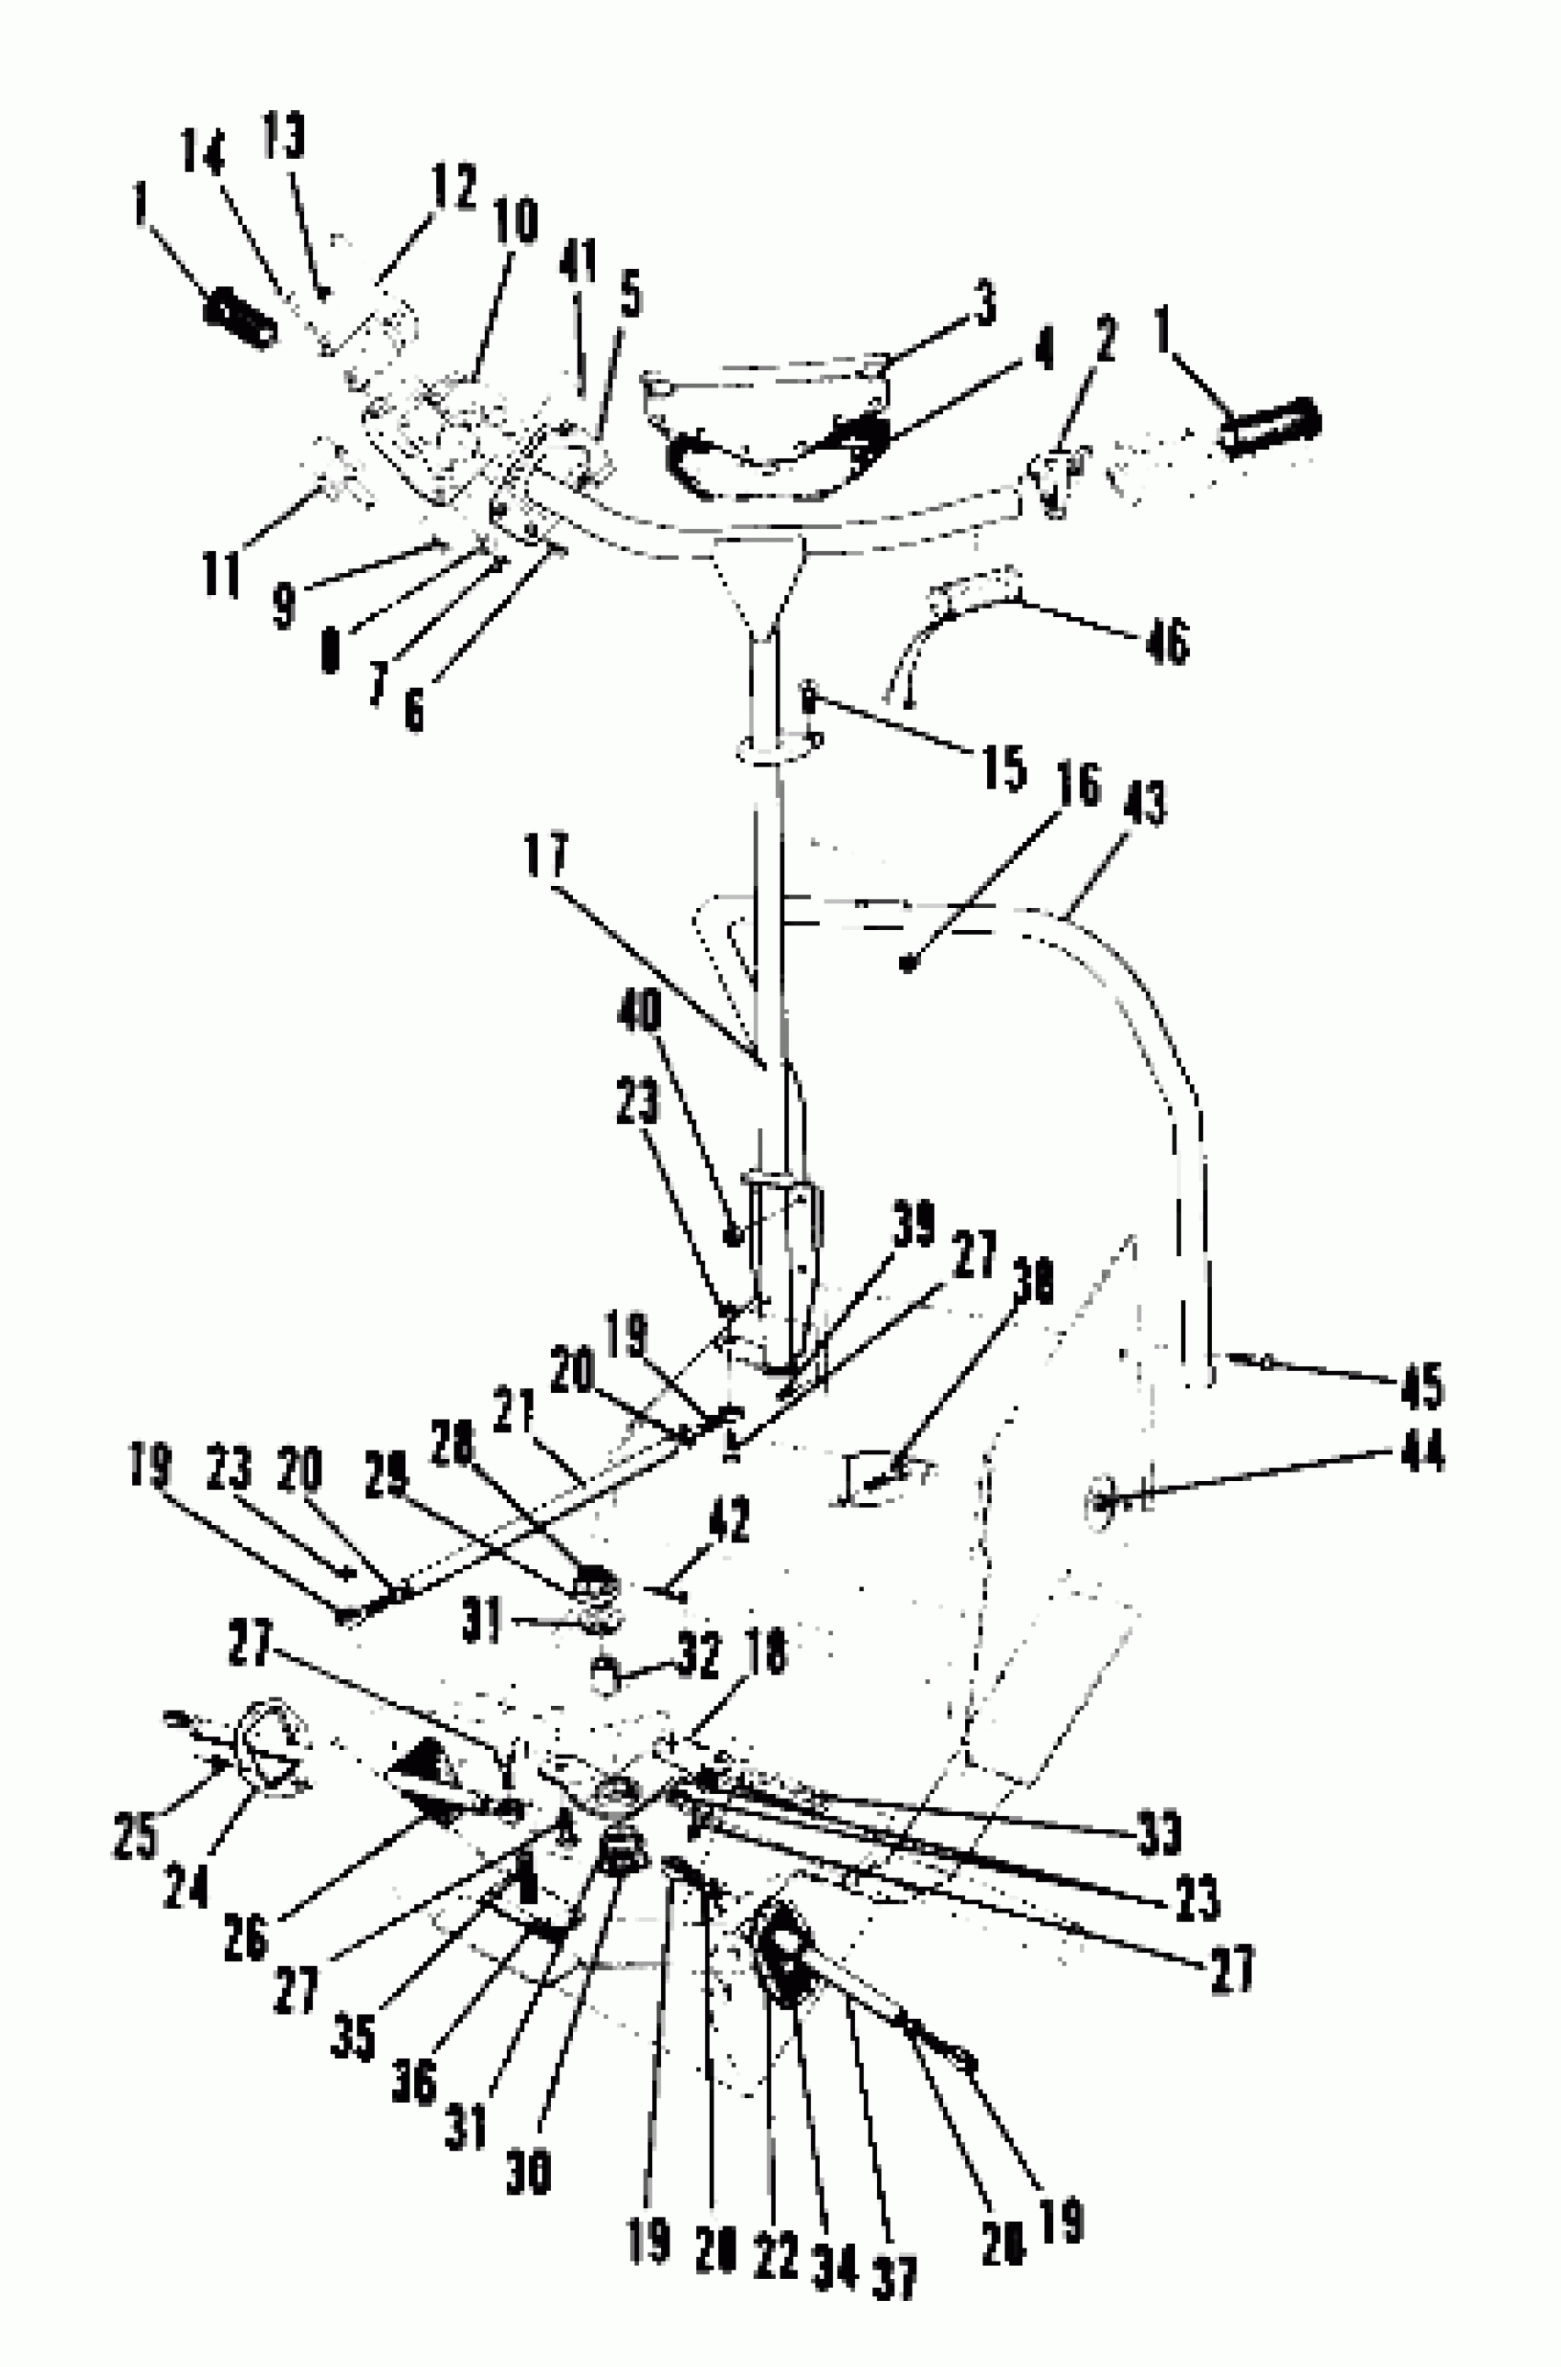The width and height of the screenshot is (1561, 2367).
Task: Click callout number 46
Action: click(x=1167, y=640)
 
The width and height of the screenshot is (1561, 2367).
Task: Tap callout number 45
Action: click(x=1421, y=1385)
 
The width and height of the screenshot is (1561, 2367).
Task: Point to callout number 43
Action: click(x=1144, y=802)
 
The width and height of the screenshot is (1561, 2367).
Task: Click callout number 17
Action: click(x=546, y=855)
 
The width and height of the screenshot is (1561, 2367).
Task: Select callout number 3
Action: click(x=984, y=303)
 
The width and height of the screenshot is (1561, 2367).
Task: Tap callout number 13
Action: click(x=284, y=137)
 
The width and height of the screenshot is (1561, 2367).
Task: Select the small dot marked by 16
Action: click(x=907, y=962)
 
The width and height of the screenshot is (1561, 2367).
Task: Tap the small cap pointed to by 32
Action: click(x=604, y=1677)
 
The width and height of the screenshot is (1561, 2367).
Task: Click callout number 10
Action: click(x=515, y=221)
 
